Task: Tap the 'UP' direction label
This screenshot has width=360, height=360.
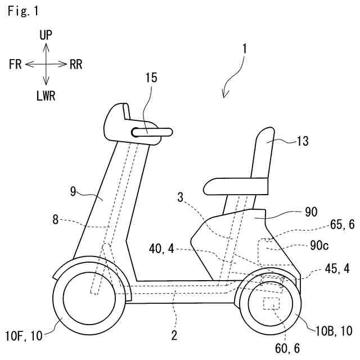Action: coord(46,35)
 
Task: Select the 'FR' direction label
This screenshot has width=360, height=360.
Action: coord(15,64)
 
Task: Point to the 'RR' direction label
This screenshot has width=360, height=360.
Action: coord(76,64)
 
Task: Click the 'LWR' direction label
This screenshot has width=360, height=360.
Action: coord(46,95)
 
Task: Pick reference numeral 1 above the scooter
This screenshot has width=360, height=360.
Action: coord(244,48)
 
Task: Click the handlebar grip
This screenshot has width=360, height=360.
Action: coord(152,133)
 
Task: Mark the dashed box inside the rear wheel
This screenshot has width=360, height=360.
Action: coord(271,304)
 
